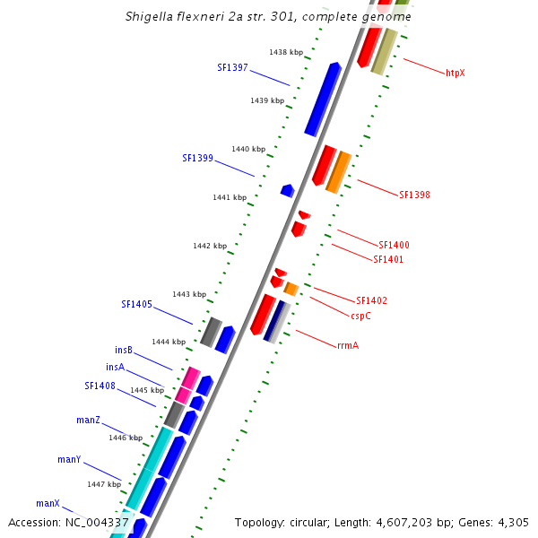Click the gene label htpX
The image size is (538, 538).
[x=456, y=73]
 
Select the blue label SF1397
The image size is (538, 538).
[x=232, y=67]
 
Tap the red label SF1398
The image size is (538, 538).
[x=414, y=195]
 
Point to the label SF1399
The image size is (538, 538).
[x=197, y=158]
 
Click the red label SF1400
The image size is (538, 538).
[x=394, y=245]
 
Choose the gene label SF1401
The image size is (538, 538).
[x=388, y=259]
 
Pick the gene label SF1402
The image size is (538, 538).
[x=371, y=300]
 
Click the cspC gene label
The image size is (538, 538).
[x=361, y=316]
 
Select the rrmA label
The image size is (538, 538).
[x=348, y=345]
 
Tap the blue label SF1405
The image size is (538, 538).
[x=136, y=304]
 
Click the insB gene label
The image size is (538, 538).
[x=124, y=350]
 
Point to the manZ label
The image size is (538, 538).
[x=88, y=420]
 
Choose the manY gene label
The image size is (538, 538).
[x=70, y=459]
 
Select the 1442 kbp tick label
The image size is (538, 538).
[x=210, y=246]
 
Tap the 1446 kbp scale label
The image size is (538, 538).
[x=126, y=438]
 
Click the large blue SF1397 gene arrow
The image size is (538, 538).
[x=323, y=99]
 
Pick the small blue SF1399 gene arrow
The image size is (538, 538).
[x=287, y=190]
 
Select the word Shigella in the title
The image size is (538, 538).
[x=155, y=16]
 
